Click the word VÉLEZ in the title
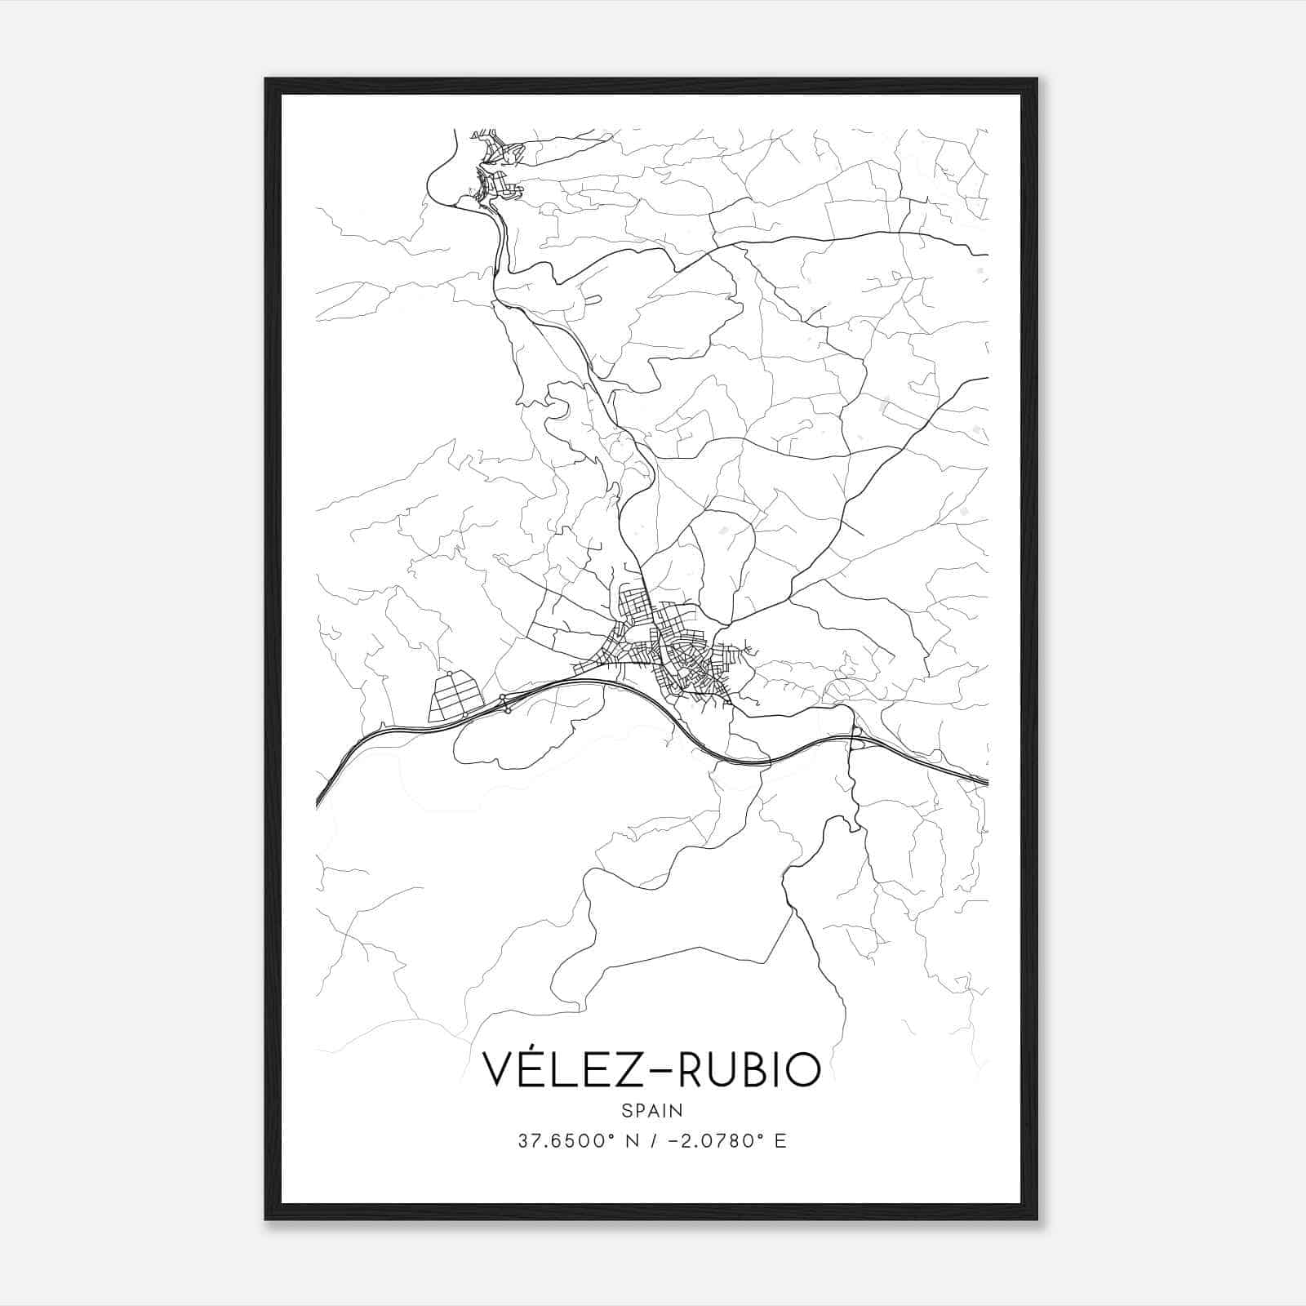coord(557,1069)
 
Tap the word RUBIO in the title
coord(749,1069)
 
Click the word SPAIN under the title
coord(652,1110)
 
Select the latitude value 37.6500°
coord(564,1141)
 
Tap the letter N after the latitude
coord(630,1141)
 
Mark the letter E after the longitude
coord(780,1141)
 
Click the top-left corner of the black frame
coord(267,80)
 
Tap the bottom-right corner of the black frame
coord(1037,1218)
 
